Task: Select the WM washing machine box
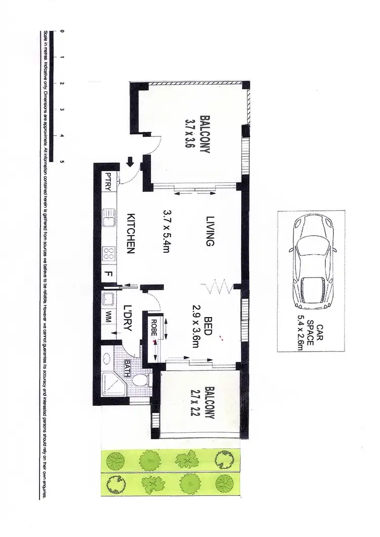point(108,318)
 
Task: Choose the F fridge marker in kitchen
point(108,275)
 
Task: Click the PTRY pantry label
point(108,181)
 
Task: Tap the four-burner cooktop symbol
point(108,253)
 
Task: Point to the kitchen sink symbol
point(108,220)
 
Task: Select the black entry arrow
point(130,163)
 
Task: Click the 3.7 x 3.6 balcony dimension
point(190,133)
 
